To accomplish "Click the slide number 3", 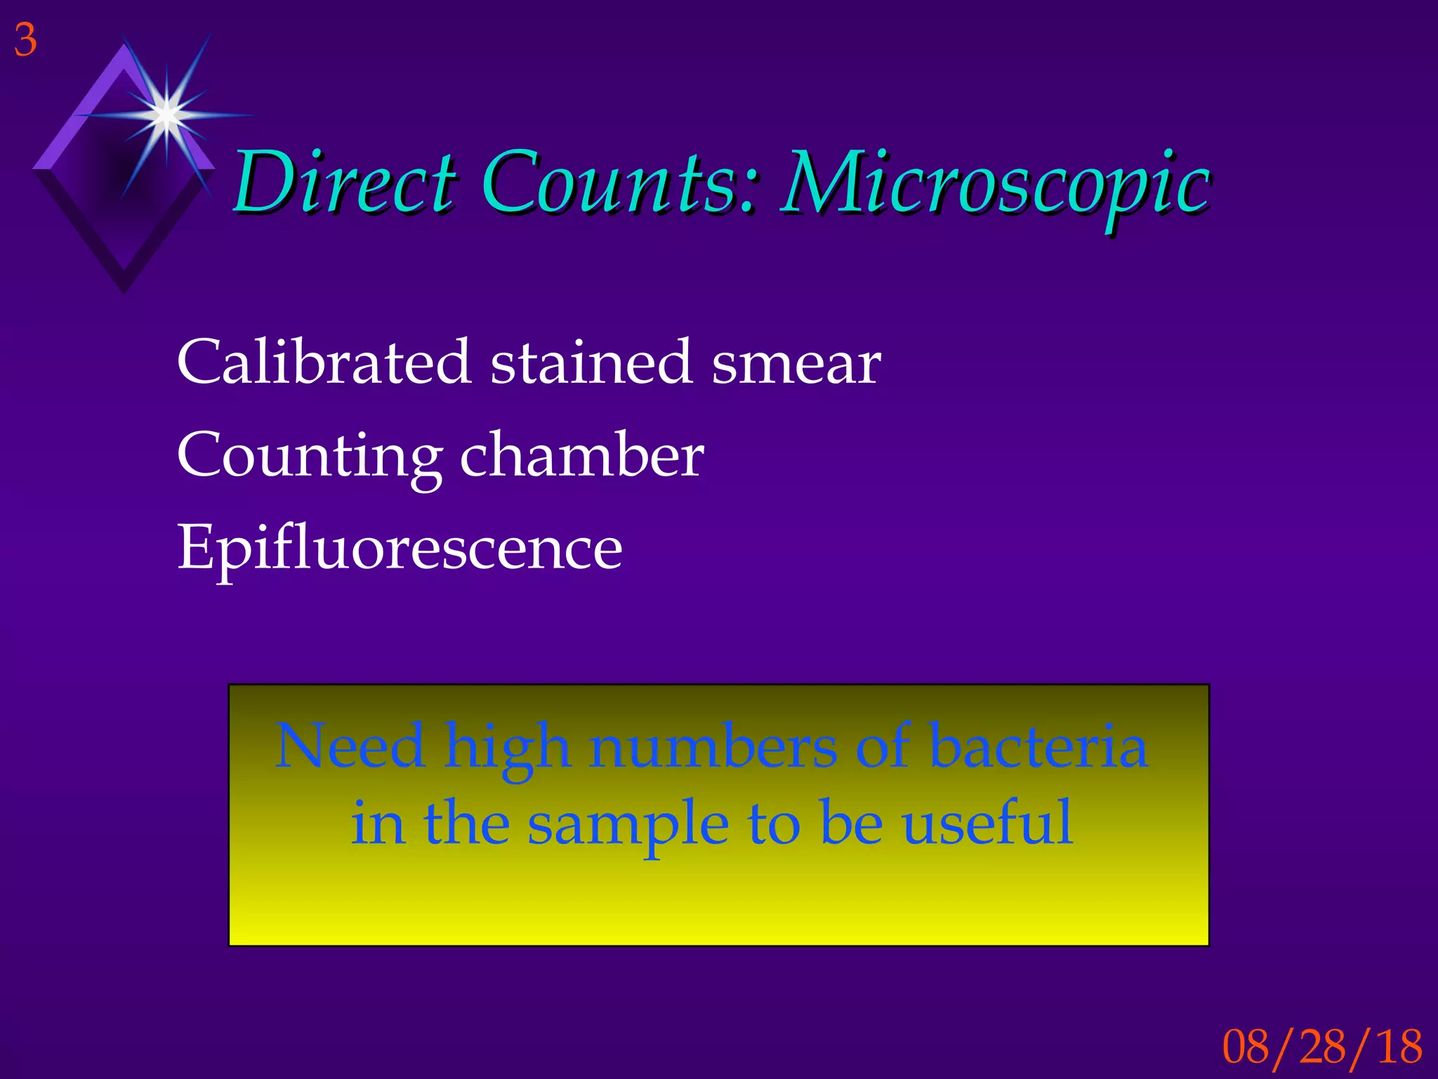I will pyautogui.click(x=25, y=41).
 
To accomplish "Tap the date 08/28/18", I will pyautogui.click(x=1322, y=1046).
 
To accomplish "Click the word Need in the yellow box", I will pyautogui.click(x=350, y=746).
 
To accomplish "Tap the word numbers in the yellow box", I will pyautogui.click(x=713, y=746).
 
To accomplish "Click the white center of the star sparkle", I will pyautogui.click(x=166, y=113).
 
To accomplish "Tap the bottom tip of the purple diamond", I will pyautogui.click(x=124, y=291).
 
